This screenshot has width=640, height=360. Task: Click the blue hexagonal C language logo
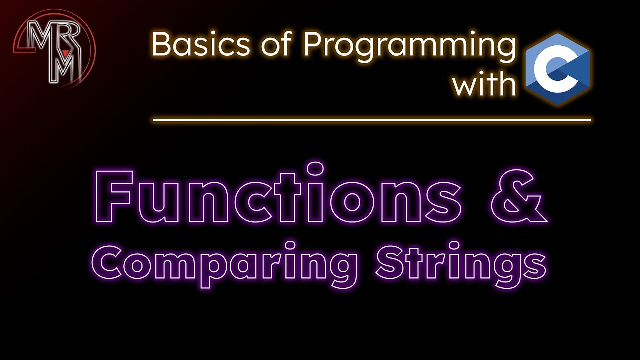pyautogui.click(x=558, y=69)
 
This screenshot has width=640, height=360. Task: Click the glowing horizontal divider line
pyautogui.click(x=371, y=120)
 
